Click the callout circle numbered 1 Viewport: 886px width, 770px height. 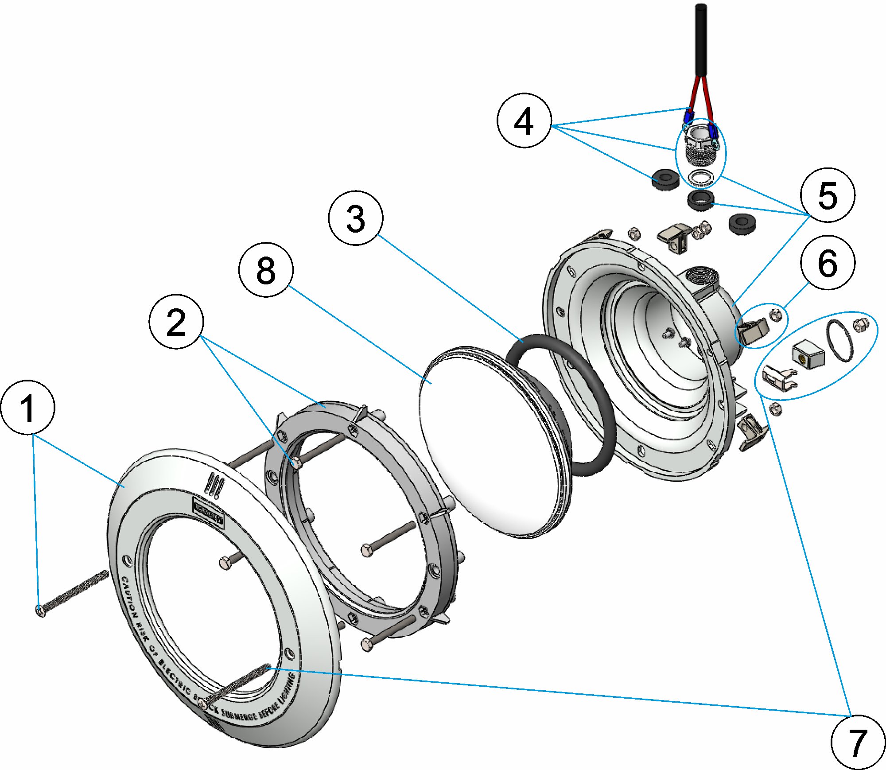click(28, 407)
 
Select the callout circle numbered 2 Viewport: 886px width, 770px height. click(176, 322)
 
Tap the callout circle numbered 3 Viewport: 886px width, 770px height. click(355, 218)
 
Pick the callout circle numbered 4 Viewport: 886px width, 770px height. click(524, 120)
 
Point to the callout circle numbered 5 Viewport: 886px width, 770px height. click(828, 195)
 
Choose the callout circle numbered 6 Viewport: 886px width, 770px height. click(828, 263)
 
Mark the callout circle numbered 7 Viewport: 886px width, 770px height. click(858, 742)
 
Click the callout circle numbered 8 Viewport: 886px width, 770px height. click(266, 270)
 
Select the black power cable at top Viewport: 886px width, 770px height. click(701, 40)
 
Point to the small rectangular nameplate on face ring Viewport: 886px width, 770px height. click(208, 512)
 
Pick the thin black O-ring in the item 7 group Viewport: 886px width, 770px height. click(839, 340)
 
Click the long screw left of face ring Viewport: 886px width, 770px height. click(73, 592)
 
